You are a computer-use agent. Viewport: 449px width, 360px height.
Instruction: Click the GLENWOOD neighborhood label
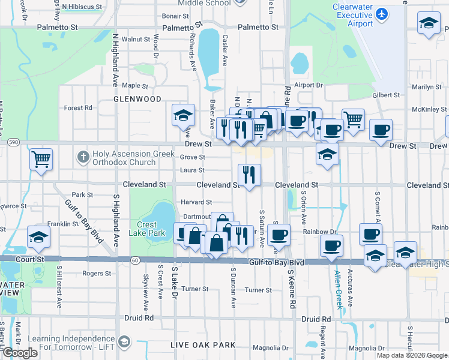(137, 98)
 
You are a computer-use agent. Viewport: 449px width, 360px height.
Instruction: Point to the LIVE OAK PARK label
(194, 345)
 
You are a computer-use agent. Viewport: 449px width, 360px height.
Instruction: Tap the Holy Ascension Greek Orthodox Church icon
(83, 158)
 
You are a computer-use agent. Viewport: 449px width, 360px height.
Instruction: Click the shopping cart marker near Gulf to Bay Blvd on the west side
(41, 160)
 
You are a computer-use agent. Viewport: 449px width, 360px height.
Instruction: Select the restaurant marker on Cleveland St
(249, 175)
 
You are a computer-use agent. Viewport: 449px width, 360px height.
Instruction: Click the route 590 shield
(13, 142)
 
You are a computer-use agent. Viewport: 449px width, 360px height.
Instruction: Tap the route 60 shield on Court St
(136, 260)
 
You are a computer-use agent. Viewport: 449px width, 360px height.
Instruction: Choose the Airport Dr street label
(309, 85)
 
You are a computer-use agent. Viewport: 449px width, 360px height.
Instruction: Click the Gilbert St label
(385, 95)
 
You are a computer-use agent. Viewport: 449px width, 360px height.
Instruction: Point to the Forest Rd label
(78, 108)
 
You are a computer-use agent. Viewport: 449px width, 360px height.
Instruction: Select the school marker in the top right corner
(428, 23)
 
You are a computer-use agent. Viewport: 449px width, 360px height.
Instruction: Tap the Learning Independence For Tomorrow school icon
(124, 342)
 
